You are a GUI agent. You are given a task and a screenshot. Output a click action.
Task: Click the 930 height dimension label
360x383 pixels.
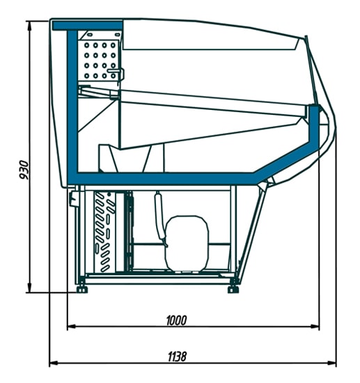click(x=24, y=170)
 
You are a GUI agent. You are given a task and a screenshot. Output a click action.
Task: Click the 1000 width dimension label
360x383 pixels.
click(x=176, y=321)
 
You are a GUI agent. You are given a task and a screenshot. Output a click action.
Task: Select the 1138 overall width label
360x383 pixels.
click(x=177, y=357)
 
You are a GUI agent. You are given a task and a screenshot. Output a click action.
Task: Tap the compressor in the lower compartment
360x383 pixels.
click(x=187, y=243)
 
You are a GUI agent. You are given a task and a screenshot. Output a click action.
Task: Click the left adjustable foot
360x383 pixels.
click(x=82, y=290)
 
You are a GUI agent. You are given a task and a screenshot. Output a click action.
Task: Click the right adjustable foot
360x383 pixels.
click(x=233, y=290)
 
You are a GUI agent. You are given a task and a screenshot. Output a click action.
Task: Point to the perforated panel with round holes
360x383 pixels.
click(x=100, y=60)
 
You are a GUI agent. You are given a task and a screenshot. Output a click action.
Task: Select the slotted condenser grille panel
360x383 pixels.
click(x=104, y=232)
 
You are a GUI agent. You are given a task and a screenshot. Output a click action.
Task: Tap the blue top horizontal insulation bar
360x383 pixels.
click(x=88, y=26)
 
